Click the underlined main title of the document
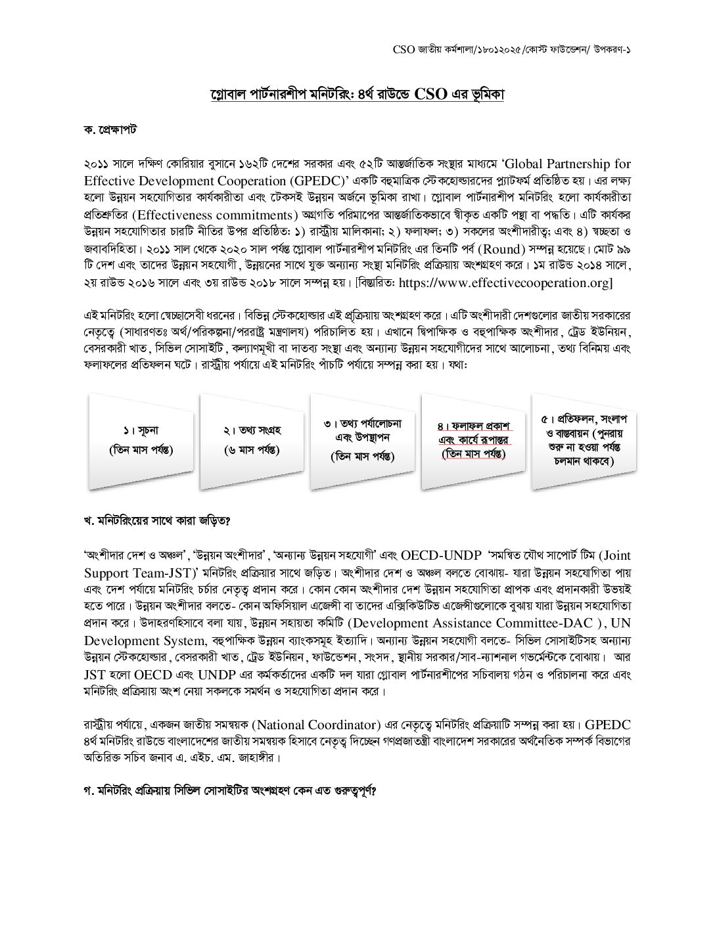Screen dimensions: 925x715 (x=356, y=95)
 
